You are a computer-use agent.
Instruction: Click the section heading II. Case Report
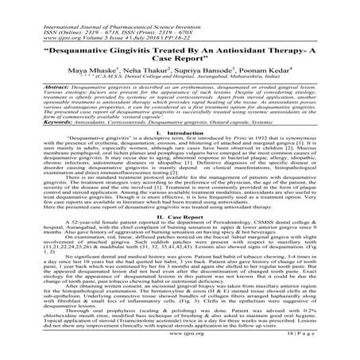pos(180,215)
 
